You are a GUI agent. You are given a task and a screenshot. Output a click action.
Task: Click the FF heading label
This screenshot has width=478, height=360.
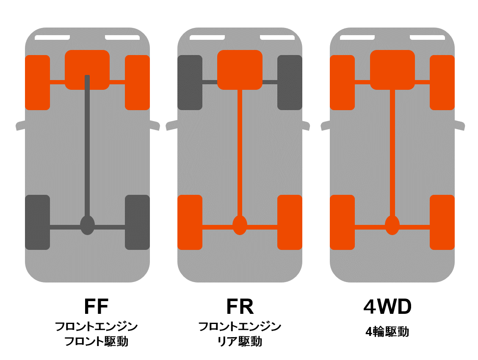(x=96, y=307)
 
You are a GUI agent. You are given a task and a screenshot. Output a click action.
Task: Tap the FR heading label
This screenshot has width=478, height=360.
(x=240, y=307)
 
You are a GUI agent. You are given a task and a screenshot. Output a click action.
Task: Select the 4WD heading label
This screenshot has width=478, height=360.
(x=387, y=307)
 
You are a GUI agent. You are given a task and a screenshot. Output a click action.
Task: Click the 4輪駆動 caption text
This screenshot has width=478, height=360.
(x=387, y=332)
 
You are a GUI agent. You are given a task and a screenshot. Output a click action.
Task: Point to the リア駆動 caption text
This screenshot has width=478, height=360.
(x=240, y=341)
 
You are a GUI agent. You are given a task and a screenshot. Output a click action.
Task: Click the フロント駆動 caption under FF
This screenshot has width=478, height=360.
(x=96, y=341)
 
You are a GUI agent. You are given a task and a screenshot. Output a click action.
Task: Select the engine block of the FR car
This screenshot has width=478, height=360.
(x=240, y=69)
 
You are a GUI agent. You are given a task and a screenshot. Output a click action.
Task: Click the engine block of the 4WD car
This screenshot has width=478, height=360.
(x=392, y=69)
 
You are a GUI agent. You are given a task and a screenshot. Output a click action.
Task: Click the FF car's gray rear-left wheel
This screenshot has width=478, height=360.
(x=37, y=222)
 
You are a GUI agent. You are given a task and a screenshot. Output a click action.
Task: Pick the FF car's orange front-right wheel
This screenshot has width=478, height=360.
(x=137, y=82)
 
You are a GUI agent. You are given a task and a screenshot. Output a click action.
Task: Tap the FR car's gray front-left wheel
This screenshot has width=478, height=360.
(x=190, y=82)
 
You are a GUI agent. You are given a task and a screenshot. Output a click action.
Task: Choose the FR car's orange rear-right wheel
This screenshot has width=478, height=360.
(x=290, y=222)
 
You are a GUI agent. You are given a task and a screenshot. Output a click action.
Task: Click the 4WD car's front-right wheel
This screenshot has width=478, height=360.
(x=442, y=82)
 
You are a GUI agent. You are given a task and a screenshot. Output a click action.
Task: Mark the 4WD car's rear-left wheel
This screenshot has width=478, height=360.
(x=342, y=222)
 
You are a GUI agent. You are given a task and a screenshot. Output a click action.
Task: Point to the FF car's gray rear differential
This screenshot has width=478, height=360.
(x=87, y=225)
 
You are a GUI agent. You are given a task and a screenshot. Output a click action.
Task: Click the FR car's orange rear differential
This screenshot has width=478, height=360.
(x=240, y=225)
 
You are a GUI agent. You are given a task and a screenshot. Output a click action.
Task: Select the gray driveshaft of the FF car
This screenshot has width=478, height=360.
(x=87, y=148)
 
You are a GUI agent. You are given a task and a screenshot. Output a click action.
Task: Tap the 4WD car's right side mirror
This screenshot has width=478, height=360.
(x=459, y=125)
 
